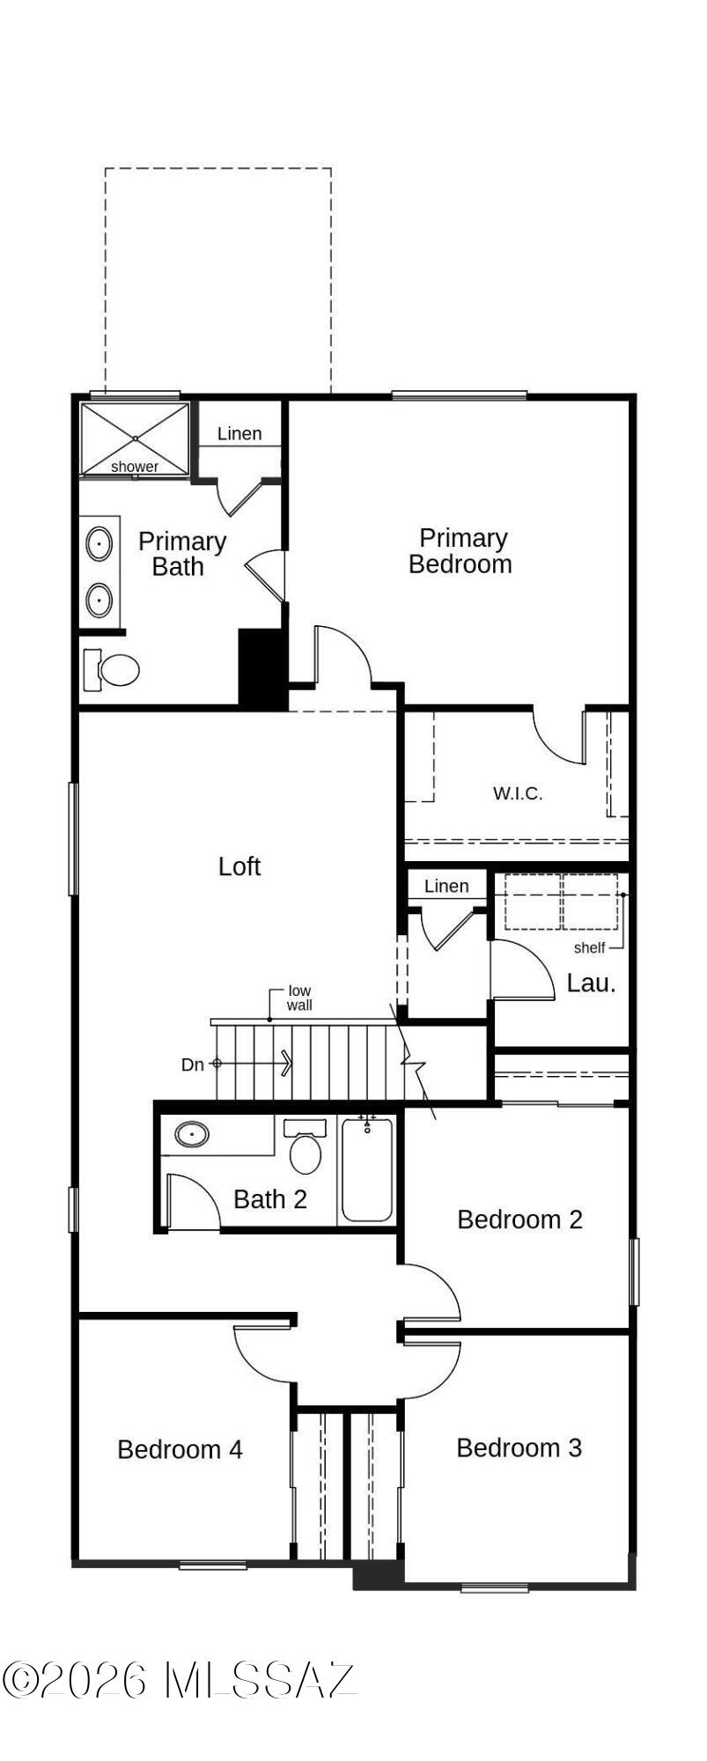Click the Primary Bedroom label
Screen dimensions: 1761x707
[x=460, y=551]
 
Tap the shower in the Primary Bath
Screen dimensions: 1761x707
[x=135, y=439]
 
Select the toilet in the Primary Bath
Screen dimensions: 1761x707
[x=114, y=670]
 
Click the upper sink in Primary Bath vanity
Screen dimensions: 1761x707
[x=99, y=544]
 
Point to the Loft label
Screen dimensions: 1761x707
[x=239, y=866]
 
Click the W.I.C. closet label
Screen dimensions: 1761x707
[x=518, y=793]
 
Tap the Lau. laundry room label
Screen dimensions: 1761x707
[x=591, y=984]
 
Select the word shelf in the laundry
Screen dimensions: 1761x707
[x=589, y=948]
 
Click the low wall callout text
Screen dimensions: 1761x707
[x=299, y=998]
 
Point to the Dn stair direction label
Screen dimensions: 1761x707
[x=192, y=1065]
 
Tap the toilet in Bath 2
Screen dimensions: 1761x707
[x=306, y=1148]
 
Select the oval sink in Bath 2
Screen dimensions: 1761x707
[x=192, y=1135]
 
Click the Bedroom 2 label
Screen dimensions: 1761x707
[x=519, y=1219]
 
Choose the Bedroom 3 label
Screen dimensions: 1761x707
[x=519, y=1448]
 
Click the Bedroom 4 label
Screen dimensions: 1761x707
[x=180, y=1449]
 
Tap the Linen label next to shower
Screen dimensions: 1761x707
[x=239, y=433]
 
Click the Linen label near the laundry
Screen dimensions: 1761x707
[x=446, y=886]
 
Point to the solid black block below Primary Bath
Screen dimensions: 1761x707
[x=262, y=667]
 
